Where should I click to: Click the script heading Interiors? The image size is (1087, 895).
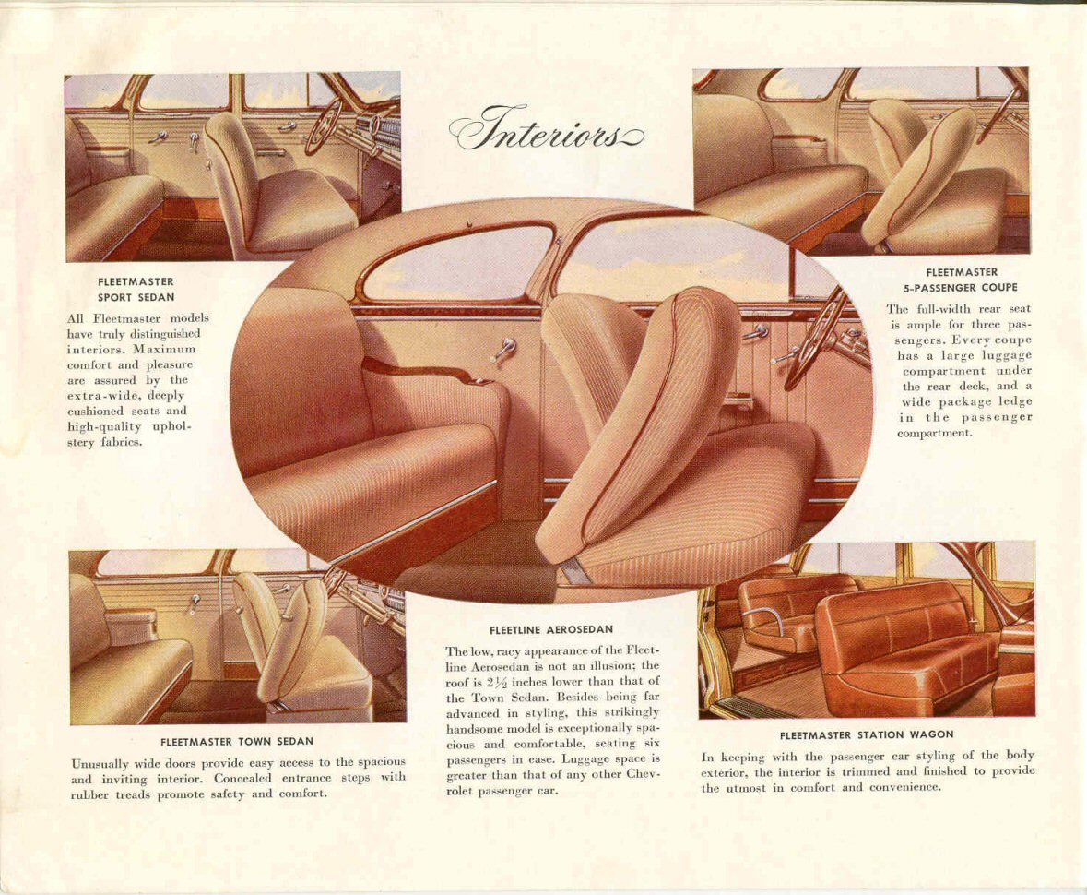546,130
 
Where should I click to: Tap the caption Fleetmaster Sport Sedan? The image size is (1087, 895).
136,290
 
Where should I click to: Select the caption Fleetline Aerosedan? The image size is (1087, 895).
550,629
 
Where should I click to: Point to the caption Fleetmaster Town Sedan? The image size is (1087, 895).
236,741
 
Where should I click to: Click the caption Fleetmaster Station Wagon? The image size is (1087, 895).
866,735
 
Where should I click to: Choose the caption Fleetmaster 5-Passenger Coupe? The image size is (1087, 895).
961,280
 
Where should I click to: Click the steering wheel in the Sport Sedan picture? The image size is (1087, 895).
324,125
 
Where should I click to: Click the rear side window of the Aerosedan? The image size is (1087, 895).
458,264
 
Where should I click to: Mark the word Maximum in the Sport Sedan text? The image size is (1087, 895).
166,350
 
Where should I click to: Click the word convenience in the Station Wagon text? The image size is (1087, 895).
907,787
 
